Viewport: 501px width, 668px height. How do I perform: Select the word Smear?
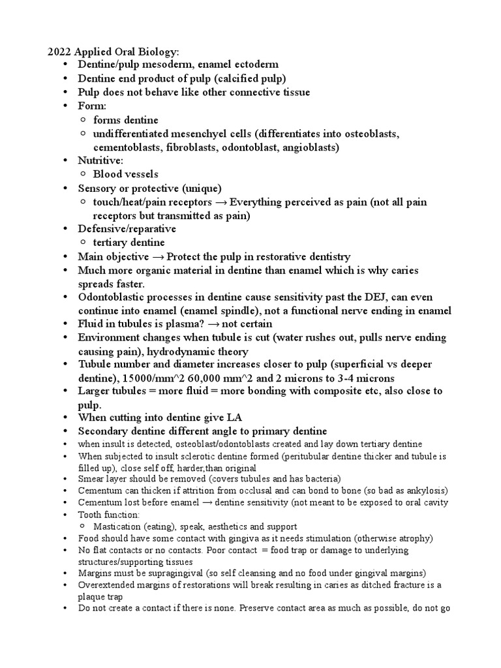coord(91,479)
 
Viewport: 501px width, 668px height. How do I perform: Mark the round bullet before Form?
coord(65,105)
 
